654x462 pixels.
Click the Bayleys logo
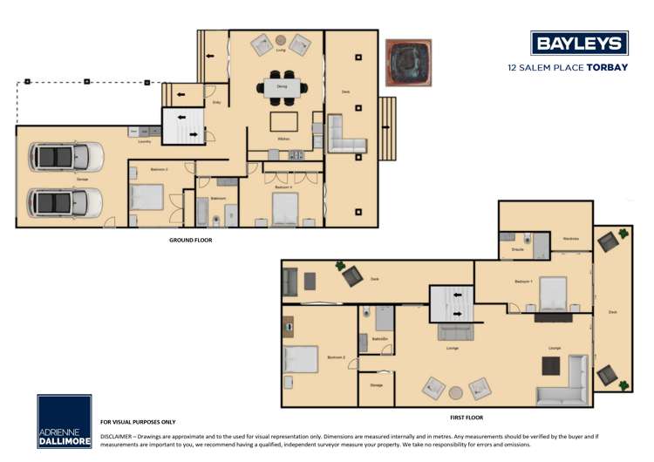[579, 44]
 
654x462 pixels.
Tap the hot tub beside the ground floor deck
[409, 63]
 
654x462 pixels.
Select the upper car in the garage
[66, 157]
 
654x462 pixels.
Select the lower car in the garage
[66, 202]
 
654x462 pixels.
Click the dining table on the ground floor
[283, 87]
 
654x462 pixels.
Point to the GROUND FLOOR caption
[190, 240]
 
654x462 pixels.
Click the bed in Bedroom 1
[554, 294]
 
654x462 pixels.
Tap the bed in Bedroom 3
[147, 197]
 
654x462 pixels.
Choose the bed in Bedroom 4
[286, 208]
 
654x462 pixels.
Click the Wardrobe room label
[571, 238]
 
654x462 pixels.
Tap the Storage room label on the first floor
[376, 384]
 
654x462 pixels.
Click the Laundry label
[145, 141]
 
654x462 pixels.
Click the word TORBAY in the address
[607, 66]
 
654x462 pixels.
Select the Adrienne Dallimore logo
[64, 422]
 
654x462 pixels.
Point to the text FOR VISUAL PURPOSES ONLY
[138, 422]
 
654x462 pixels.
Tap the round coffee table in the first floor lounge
[455, 391]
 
